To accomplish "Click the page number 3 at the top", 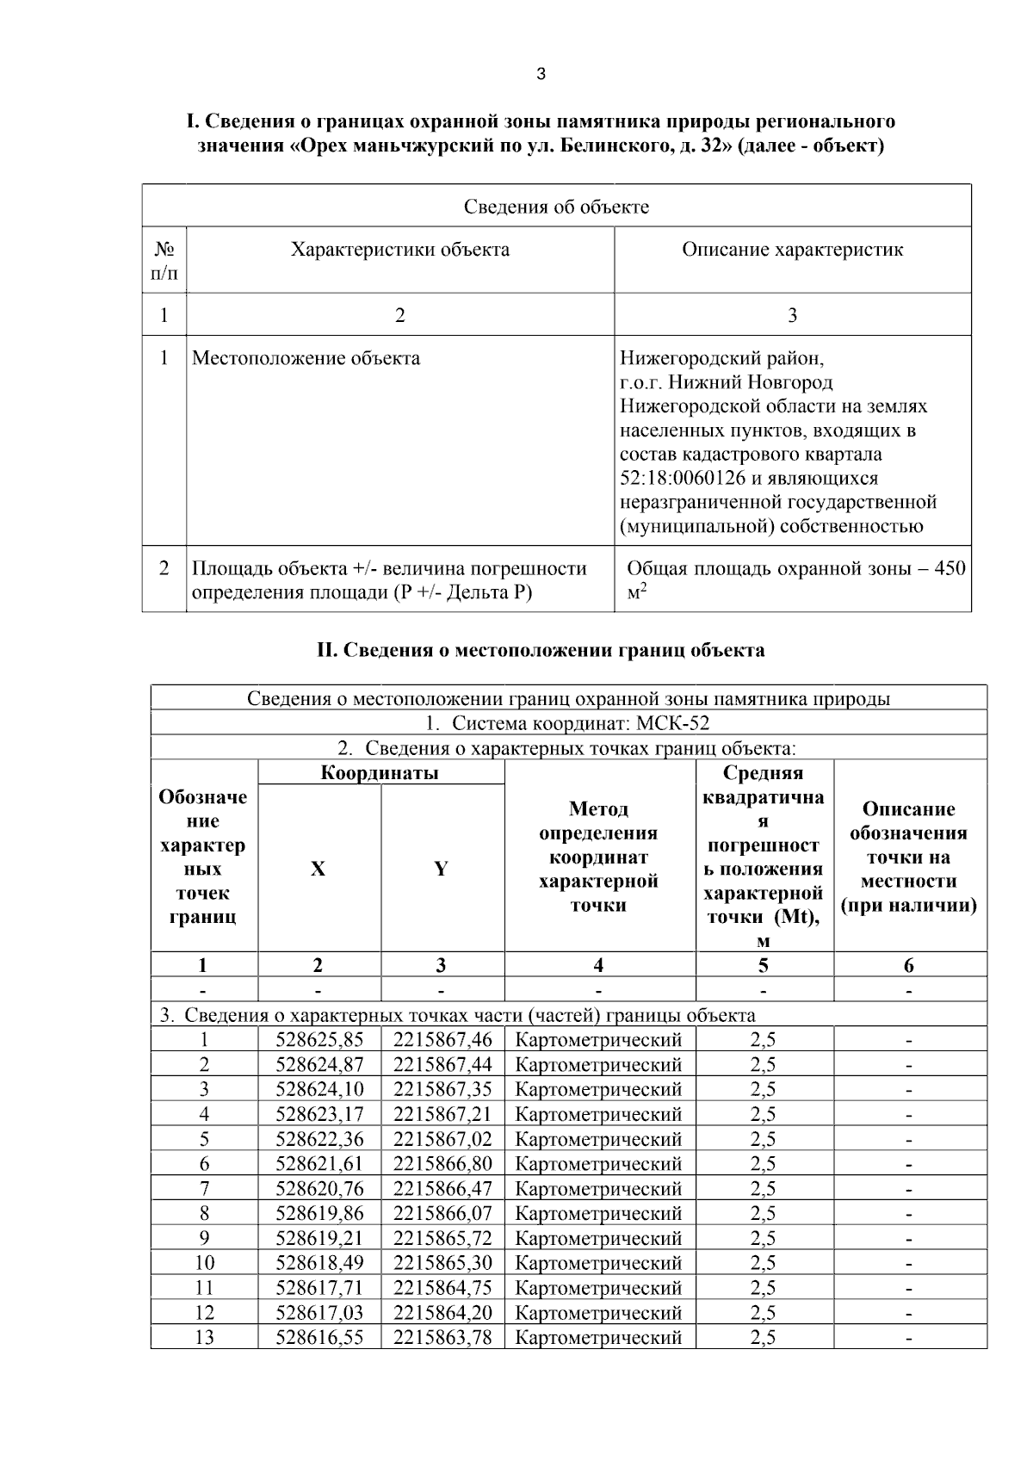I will click(541, 75).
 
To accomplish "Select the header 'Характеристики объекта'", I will click(399, 251).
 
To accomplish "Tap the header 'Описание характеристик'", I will click(792, 251).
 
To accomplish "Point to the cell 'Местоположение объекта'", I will click(306, 358).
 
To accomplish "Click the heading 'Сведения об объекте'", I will click(556, 207).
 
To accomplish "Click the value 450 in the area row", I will click(949, 568).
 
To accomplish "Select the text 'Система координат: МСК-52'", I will click(581, 723).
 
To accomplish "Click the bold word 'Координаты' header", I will click(380, 772).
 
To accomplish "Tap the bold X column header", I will click(319, 869).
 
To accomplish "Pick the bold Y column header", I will click(441, 869).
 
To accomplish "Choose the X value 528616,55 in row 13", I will click(319, 1337).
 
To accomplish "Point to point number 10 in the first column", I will click(204, 1263).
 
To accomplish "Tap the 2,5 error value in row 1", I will click(763, 1040).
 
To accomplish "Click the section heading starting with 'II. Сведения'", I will click(541, 650).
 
